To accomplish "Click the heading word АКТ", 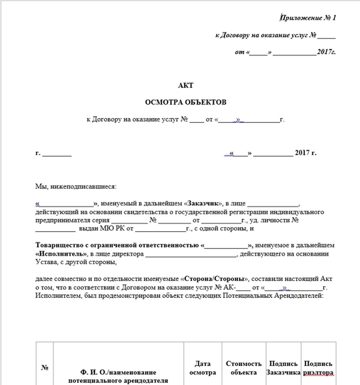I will (x=186, y=86).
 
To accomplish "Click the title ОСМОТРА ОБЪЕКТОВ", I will (x=186, y=102).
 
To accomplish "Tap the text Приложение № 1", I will (x=308, y=18).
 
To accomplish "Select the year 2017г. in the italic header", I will (x=326, y=52).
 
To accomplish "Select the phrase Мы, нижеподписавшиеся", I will (x=75, y=187).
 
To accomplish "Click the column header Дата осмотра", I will (x=202, y=368).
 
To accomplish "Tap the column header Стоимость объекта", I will (x=244, y=368).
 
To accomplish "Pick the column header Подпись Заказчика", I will (x=283, y=368).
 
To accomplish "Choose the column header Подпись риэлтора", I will (x=318, y=368).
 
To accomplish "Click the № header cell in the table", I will (x=45, y=368).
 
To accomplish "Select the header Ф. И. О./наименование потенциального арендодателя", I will (x=118, y=376).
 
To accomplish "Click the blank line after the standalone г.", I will (x=57, y=154).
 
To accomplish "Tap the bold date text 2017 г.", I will (x=306, y=153).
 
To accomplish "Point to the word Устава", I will (x=45, y=262).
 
